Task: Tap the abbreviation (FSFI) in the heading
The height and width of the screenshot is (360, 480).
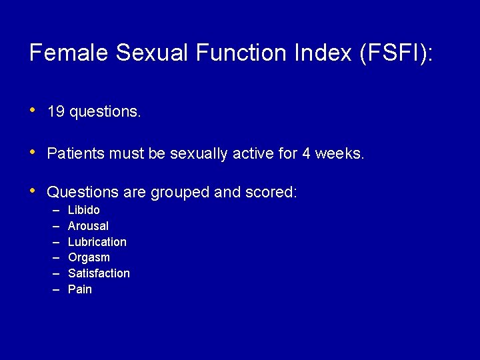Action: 395,53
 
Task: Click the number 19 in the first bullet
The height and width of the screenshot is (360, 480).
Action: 56,112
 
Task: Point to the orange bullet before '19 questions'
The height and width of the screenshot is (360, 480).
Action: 33,111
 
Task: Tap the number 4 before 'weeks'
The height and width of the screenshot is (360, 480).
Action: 306,153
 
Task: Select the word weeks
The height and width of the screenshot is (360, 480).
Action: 340,153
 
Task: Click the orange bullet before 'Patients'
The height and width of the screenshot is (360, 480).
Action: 33,152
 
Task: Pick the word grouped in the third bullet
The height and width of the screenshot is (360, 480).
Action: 179,193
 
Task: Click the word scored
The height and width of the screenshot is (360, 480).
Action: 271,193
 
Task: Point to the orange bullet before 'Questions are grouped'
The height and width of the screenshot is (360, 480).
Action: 33,191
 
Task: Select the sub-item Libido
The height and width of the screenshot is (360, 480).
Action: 84,210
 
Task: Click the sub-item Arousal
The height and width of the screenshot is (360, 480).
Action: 88,226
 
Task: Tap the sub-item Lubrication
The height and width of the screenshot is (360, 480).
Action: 97,241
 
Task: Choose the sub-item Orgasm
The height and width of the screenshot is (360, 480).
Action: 89,257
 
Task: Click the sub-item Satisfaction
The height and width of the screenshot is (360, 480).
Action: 99,273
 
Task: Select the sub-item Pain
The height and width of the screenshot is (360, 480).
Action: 80,289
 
